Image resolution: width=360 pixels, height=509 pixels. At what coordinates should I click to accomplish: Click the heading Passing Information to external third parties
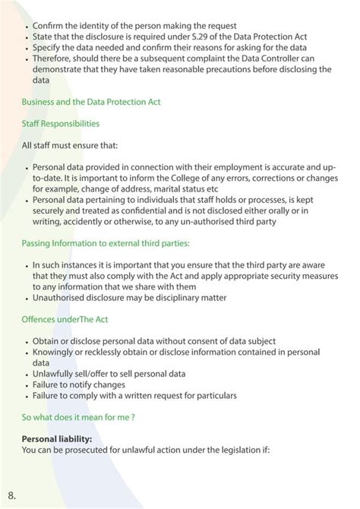(x=106, y=243)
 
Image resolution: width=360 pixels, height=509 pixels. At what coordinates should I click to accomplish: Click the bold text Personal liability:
(x=57, y=439)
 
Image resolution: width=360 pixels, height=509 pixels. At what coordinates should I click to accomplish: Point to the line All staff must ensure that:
(x=70, y=144)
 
